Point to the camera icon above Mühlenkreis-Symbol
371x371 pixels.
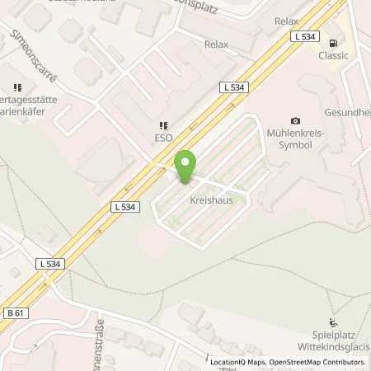coord(296,121)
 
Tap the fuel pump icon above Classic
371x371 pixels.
coord(332,43)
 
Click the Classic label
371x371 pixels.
coord(333,56)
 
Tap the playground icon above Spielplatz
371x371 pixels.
coord(333,323)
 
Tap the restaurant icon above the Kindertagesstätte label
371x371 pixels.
coord(16,87)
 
